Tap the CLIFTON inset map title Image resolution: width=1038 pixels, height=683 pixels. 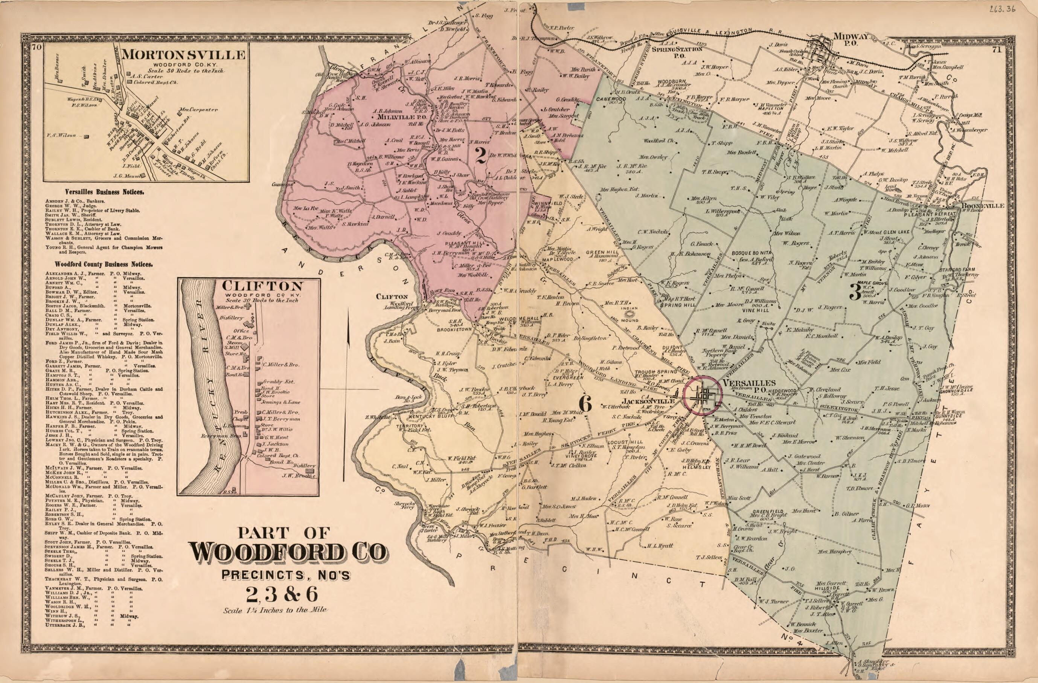tap(262, 286)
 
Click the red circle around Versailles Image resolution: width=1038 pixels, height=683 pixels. tap(702, 396)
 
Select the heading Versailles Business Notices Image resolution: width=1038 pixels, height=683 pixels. tap(105, 192)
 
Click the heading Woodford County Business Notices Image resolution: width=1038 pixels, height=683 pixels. tap(104, 264)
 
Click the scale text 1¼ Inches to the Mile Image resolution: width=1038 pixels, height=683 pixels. tap(275, 610)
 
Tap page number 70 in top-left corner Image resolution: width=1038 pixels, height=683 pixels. tap(37, 48)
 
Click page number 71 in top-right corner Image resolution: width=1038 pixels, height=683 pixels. tap(1004, 50)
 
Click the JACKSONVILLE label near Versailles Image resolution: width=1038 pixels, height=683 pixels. tap(649, 400)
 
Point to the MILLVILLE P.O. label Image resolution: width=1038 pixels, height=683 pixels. tap(397, 117)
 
